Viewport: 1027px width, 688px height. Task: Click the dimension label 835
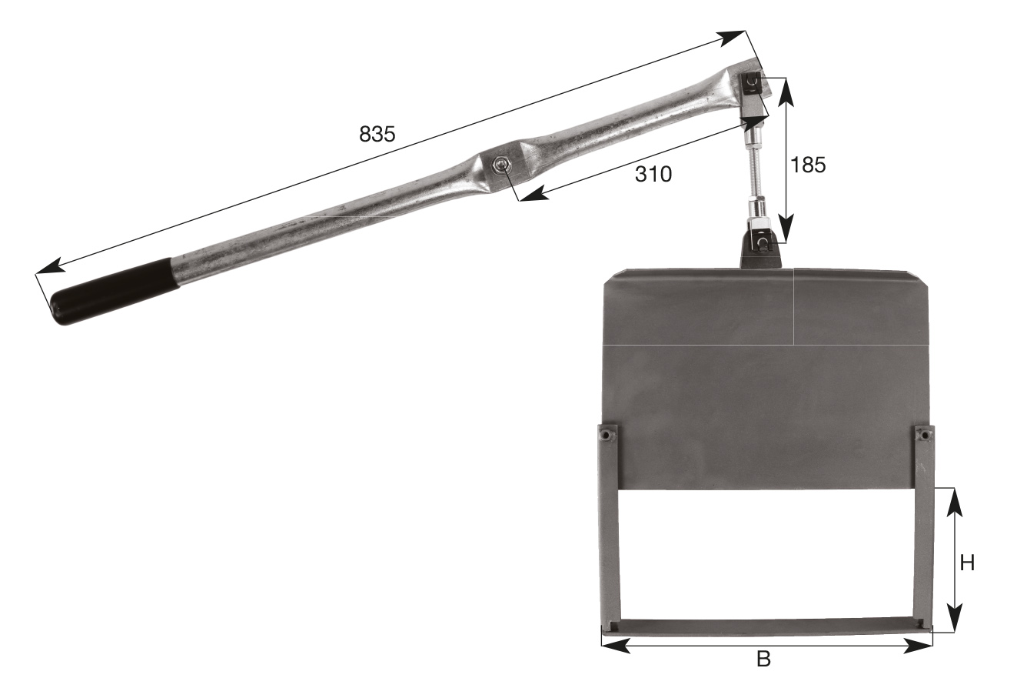(x=377, y=134)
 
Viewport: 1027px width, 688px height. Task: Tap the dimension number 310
(x=653, y=175)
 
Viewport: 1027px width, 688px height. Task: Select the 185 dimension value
(x=809, y=165)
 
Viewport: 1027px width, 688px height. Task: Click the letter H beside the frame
(x=967, y=563)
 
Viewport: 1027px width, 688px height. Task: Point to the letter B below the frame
(x=763, y=660)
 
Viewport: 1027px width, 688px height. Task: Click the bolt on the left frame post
(x=607, y=434)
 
